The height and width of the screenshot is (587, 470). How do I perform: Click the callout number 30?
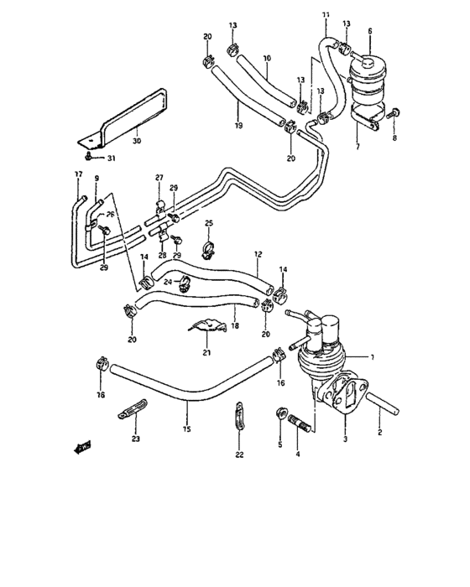click(x=136, y=142)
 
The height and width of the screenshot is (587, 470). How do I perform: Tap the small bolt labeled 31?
click(x=88, y=155)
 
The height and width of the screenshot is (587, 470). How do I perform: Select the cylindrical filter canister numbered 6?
click(x=369, y=71)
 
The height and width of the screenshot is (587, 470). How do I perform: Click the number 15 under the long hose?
click(x=186, y=429)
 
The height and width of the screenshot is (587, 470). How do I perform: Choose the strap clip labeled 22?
click(x=239, y=417)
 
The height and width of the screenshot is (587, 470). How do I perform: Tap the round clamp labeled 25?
click(x=209, y=248)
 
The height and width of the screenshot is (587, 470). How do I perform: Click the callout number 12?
click(x=258, y=253)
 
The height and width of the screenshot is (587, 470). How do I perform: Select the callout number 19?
click(x=238, y=125)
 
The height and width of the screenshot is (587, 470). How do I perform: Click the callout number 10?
click(x=266, y=59)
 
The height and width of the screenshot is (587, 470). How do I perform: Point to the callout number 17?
click(x=78, y=175)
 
